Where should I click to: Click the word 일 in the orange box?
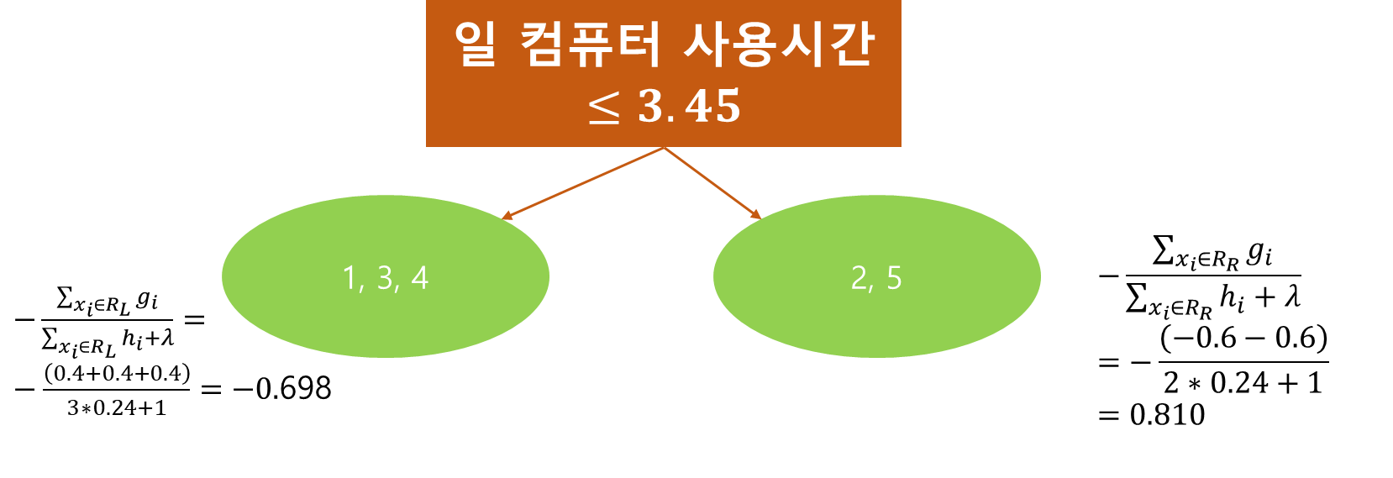476,44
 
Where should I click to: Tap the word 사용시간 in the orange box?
779,44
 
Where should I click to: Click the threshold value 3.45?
689,107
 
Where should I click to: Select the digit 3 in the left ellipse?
386,278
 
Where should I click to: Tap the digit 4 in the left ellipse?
420,278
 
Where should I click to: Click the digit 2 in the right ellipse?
859,278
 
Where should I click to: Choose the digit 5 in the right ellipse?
894,278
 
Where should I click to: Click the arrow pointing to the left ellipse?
583,184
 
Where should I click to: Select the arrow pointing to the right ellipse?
712,184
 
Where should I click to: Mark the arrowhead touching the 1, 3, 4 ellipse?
507,217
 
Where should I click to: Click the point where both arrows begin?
664,149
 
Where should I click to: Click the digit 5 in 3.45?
728,107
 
